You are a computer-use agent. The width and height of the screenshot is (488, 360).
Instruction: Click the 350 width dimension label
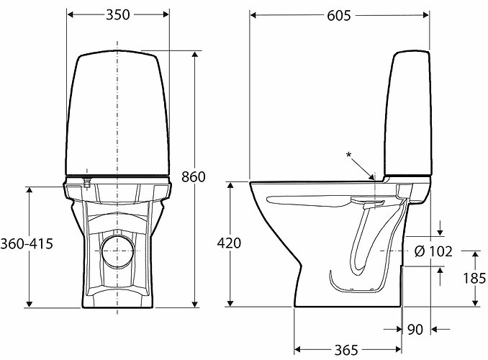(117, 14)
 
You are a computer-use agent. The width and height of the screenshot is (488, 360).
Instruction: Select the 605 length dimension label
(339, 16)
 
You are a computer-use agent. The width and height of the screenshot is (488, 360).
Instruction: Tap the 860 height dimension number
(194, 177)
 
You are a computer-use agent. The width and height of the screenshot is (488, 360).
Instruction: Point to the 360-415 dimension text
(27, 243)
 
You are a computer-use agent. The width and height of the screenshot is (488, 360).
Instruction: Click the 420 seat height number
(229, 243)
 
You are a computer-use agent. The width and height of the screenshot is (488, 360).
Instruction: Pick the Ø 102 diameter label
(433, 251)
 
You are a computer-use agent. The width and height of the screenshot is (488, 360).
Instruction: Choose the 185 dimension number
(474, 279)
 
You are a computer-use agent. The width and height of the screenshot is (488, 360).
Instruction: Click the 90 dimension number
(415, 330)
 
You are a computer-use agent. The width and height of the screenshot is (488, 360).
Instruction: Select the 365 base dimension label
(346, 351)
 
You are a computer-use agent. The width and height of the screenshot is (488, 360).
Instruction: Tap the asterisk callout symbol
(349, 155)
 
